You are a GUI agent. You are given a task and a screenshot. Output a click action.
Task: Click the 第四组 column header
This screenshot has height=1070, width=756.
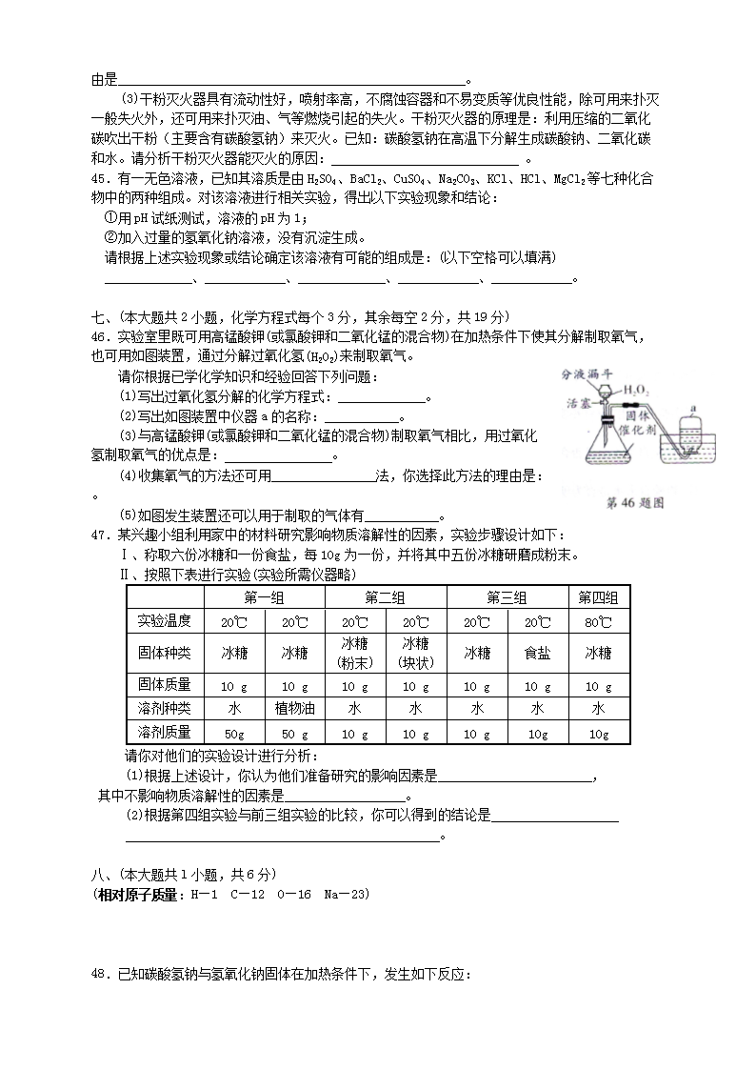pyautogui.click(x=598, y=597)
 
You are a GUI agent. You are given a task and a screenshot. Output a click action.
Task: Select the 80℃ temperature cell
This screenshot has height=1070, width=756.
pyautogui.click(x=598, y=621)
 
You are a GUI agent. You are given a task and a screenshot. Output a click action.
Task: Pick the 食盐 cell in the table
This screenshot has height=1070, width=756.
pyautogui.click(x=538, y=654)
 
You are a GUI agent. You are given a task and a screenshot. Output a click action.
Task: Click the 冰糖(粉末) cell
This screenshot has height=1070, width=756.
pyautogui.click(x=354, y=653)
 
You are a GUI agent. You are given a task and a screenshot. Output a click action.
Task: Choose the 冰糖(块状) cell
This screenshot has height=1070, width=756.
pyautogui.click(x=415, y=653)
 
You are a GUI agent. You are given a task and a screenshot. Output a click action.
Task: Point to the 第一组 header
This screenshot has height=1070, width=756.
pyautogui.click(x=264, y=597)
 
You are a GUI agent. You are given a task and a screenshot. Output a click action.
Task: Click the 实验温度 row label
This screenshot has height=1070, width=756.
pyautogui.click(x=164, y=621)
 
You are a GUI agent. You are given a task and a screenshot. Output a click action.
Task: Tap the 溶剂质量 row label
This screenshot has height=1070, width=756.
pyautogui.click(x=164, y=733)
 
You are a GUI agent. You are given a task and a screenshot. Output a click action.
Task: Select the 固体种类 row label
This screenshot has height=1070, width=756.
pyautogui.click(x=164, y=654)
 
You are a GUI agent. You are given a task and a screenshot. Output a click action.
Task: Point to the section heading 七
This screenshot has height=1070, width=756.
pyautogui.click(x=98, y=317)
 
